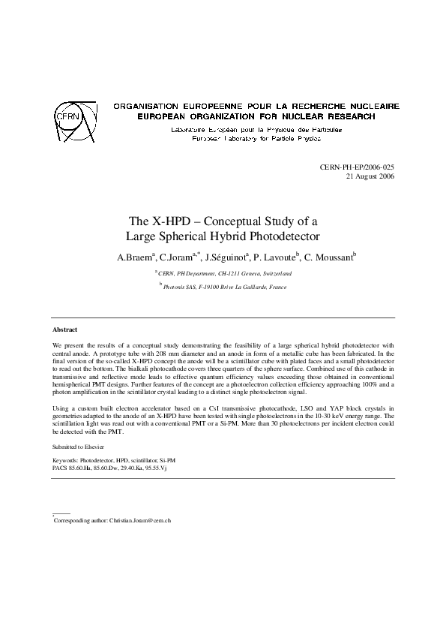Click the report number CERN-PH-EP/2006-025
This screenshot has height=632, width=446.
point(357,168)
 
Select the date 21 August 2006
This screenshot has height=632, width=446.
point(370,177)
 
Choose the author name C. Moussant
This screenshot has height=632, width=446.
point(329,257)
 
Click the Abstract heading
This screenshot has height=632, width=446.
point(64,330)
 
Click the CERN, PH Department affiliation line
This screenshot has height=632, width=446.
point(224,274)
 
